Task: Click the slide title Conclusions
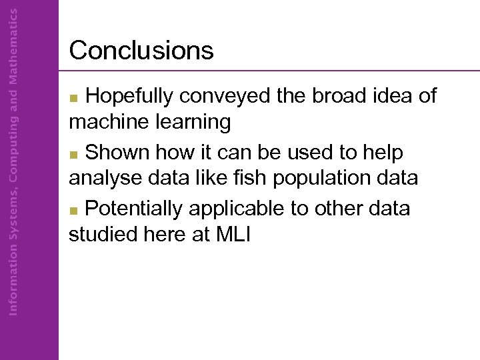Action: coord(141,51)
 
